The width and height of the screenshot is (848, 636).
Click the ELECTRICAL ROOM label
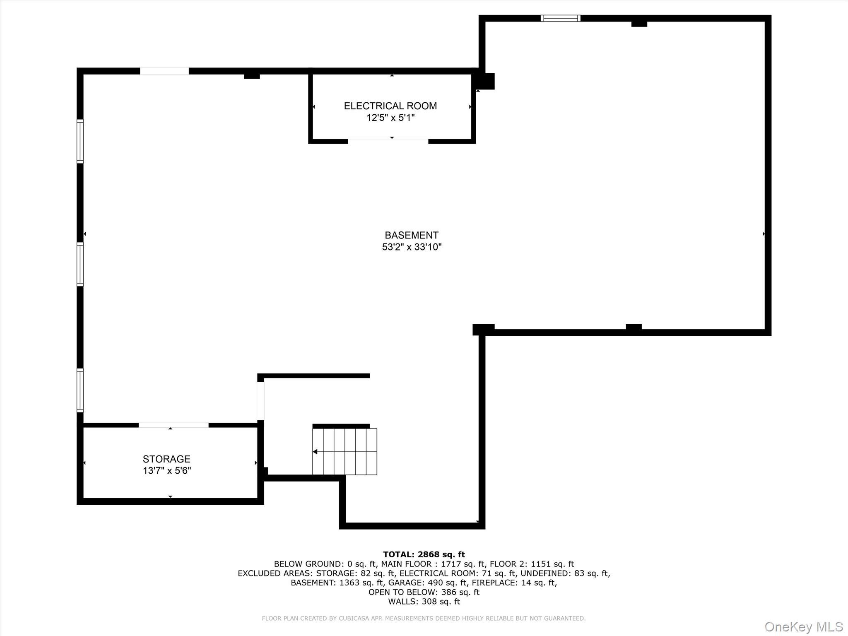click(x=390, y=106)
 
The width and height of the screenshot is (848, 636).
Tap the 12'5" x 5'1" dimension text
click(x=390, y=118)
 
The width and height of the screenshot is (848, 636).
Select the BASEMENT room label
click(x=411, y=235)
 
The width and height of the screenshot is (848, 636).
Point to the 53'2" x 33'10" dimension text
click(x=412, y=247)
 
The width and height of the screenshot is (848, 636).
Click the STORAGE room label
click(x=166, y=459)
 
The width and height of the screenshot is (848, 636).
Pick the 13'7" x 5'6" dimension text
click(x=166, y=471)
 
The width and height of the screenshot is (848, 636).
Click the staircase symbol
click(x=344, y=451)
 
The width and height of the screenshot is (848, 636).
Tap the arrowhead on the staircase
click(x=315, y=452)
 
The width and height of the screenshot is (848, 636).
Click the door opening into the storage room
click(x=173, y=425)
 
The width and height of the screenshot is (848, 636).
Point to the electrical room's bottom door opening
click(x=388, y=141)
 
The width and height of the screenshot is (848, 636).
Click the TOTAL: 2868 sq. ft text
click(x=424, y=554)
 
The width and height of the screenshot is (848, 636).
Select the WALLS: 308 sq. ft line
click(x=424, y=602)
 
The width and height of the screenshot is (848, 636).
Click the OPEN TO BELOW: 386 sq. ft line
click(x=424, y=592)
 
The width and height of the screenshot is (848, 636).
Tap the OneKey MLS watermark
click(x=803, y=626)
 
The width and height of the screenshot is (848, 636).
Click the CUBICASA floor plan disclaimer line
click(x=424, y=618)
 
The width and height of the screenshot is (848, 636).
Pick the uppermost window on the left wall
click(x=80, y=141)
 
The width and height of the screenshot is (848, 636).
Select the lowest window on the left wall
click(x=80, y=390)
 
